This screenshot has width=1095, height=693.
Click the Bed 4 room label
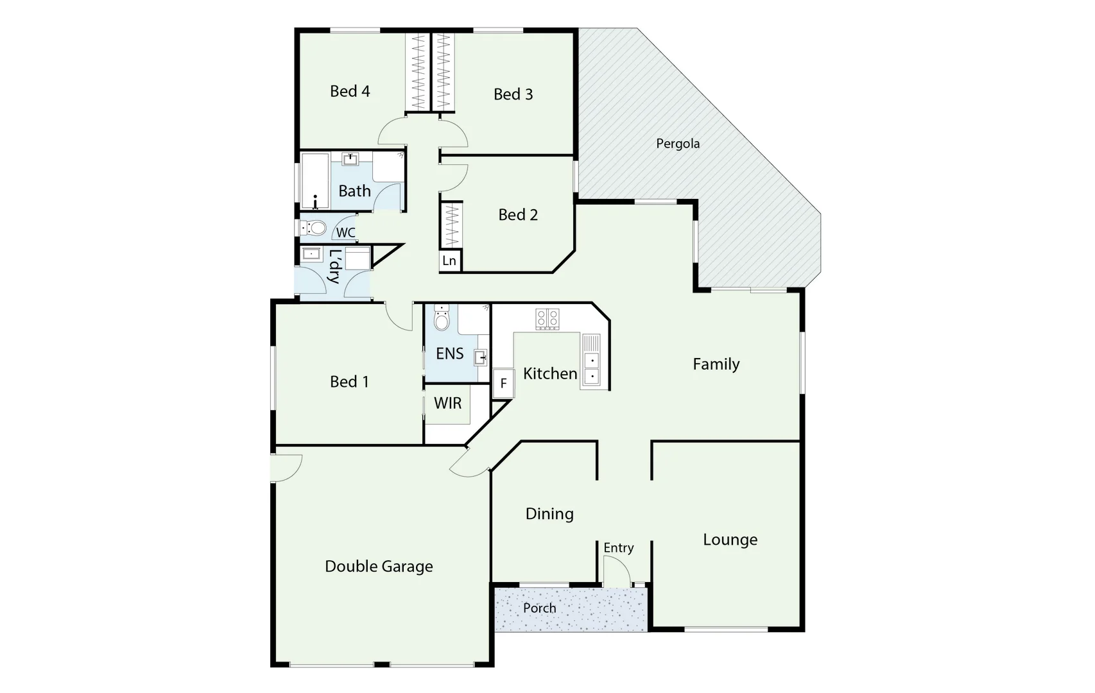point(350,91)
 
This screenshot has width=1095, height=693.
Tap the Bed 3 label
point(513,94)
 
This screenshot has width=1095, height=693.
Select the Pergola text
point(678,144)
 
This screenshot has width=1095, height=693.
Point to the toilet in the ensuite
point(442,319)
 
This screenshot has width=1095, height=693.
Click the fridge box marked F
point(503,384)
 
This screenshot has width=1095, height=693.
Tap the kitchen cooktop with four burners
point(547,318)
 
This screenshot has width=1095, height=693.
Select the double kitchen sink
point(591,368)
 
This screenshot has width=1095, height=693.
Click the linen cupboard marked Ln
point(449,261)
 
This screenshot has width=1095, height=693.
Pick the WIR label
point(447,403)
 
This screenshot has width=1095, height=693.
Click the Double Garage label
point(379,567)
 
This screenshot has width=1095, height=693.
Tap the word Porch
point(539,608)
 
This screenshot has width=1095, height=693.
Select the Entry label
point(618,547)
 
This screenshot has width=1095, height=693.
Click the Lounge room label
point(730,540)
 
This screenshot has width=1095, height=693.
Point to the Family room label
point(716,364)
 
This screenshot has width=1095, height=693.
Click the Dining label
point(549,514)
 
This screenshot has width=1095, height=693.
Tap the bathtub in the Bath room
point(315,180)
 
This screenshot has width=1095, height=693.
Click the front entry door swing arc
point(616,570)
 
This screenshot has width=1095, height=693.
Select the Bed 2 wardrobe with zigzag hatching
point(451,225)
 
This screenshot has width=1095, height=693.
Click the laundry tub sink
point(312,254)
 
